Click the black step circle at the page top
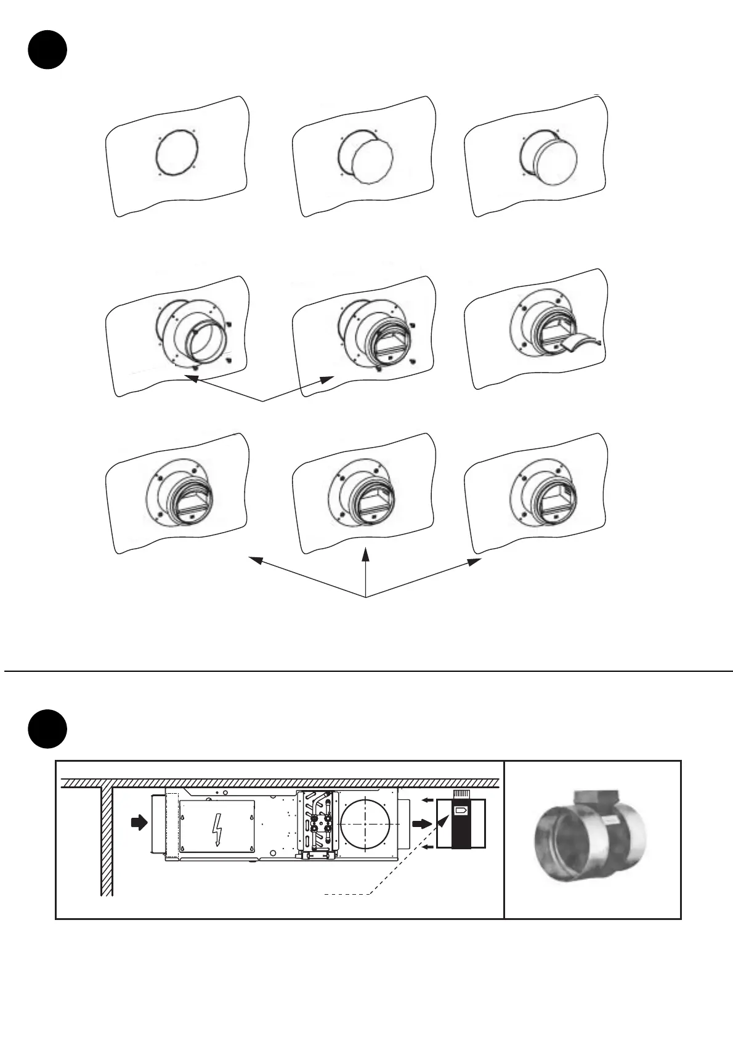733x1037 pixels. pyautogui.click(x=47, y=50)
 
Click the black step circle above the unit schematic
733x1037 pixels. pyautogui.click(x=47, y=728)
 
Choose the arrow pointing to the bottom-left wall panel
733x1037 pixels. pyautogui.click(x=256, y=560)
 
